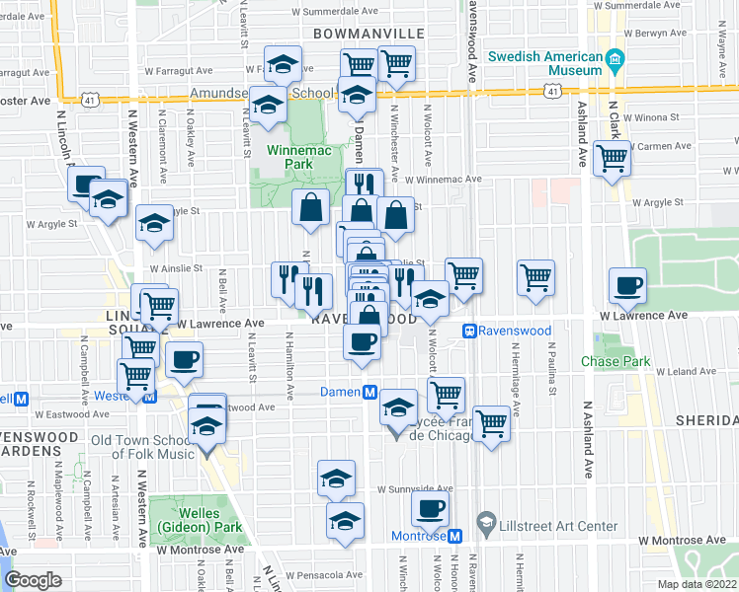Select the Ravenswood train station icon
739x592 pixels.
point(471,332)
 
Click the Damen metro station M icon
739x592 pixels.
point(370,392)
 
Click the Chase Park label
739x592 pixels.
point(616,362)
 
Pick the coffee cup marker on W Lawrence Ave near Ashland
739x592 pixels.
point(627,286)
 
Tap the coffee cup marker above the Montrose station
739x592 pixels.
point(430,508)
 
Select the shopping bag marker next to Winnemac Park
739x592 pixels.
point(311,208)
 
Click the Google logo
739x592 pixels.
point(34,579)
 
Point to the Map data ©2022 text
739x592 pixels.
point(697,584)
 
